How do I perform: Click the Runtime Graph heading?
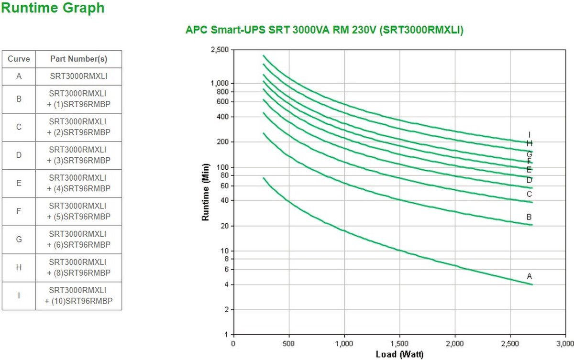tap(53, 8)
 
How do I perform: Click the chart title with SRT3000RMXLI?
tap(324, 30)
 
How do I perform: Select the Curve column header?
tap(19, 59)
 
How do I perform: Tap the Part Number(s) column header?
tap(78, 59)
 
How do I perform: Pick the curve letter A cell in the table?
tap(19, 76)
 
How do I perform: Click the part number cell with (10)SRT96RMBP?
tap(78, 295)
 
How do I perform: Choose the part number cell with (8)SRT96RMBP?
tap(78, 267)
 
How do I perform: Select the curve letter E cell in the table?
tap(19, 183)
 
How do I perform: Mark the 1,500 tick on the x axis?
tap(399, 344)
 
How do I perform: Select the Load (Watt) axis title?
tap(399, 354)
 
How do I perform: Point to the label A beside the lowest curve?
tap(529, 276)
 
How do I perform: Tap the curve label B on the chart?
tap(529, 217)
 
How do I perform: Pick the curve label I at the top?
tap(529, 135)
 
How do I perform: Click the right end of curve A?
tap(531, 284)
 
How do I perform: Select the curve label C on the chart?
tap(529, 194)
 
